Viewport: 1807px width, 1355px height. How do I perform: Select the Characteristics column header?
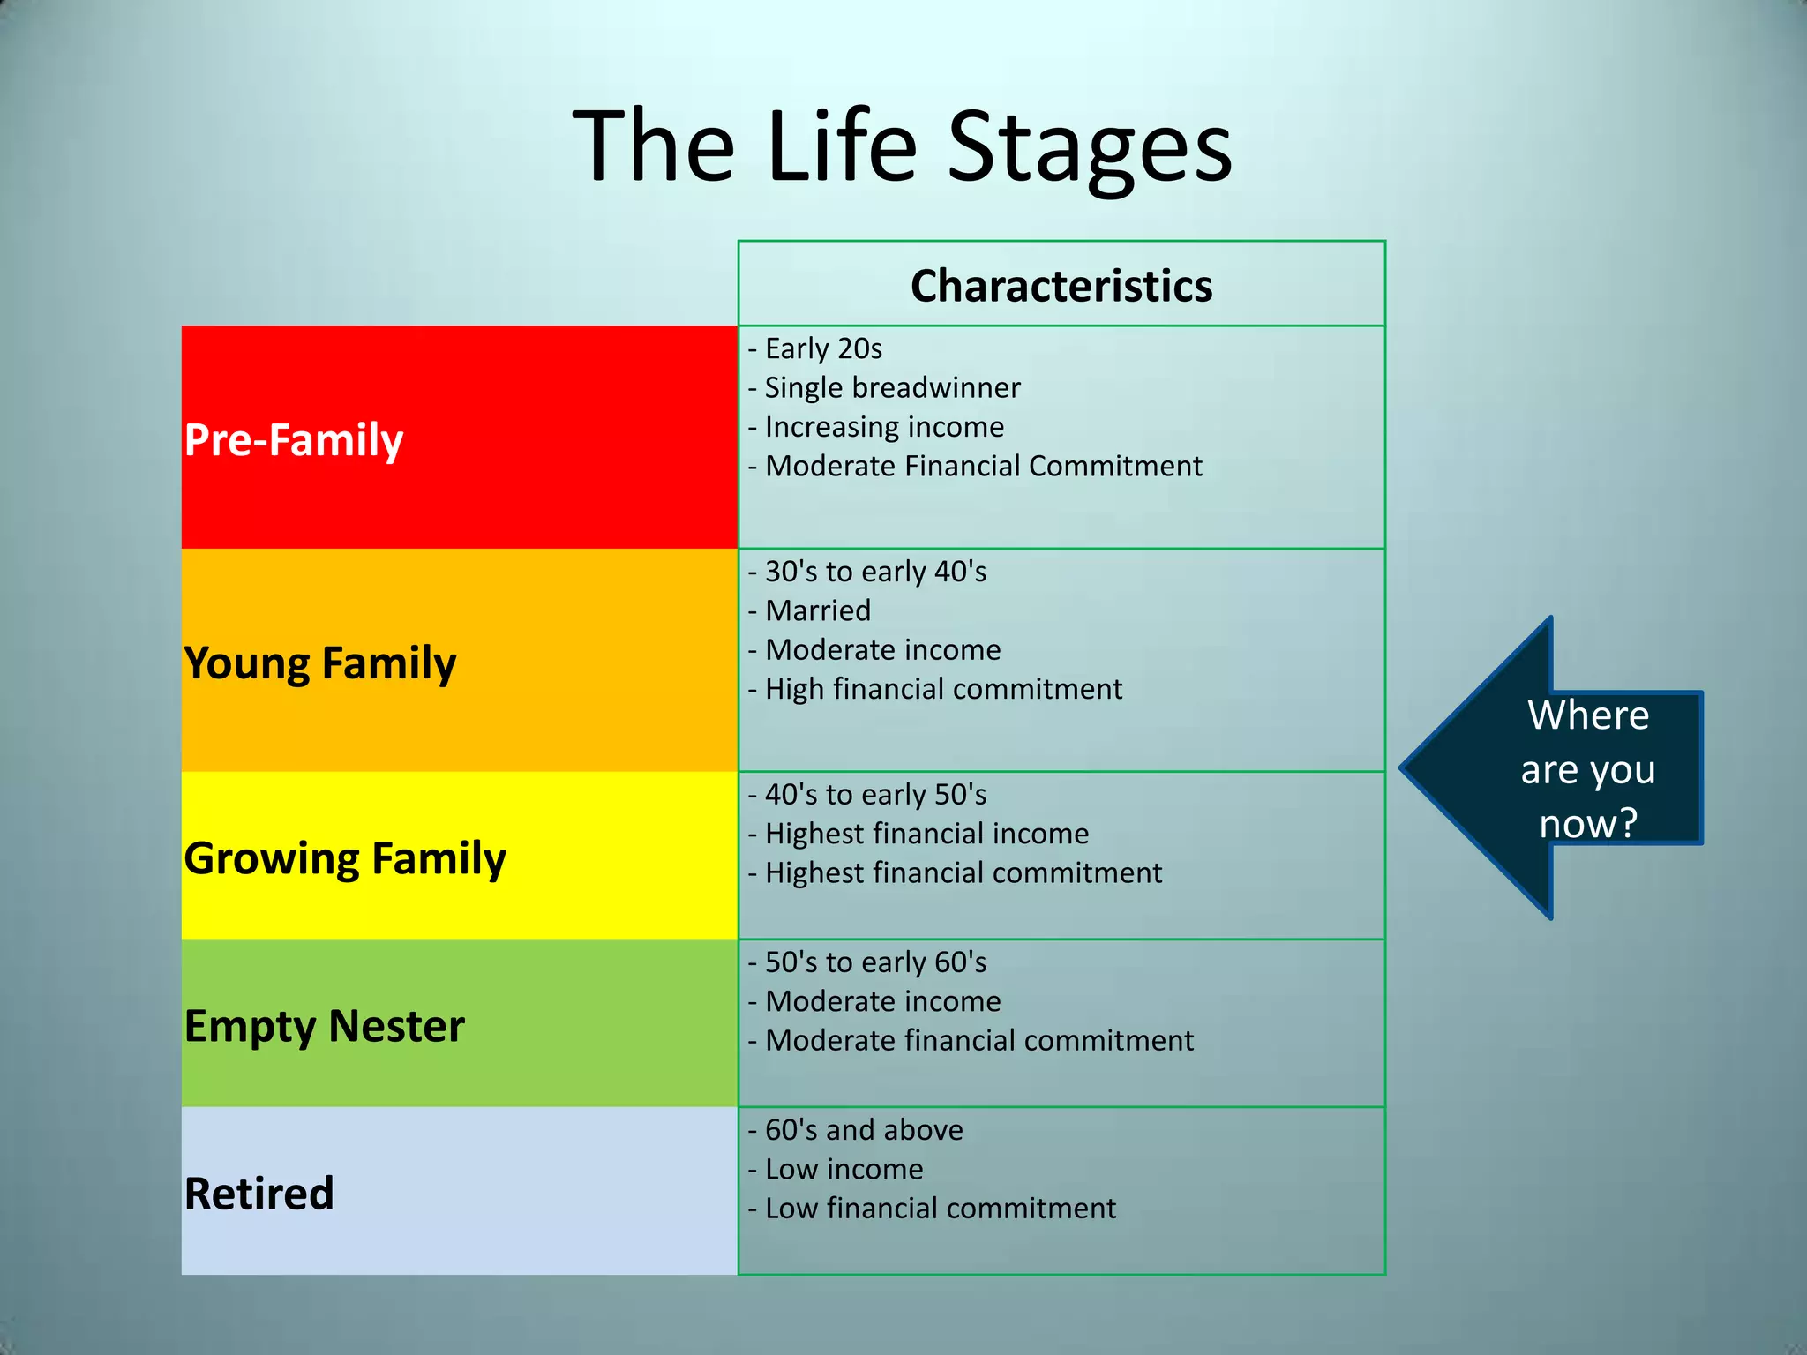pos(1061,286)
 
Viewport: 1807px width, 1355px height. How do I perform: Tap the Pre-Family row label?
pos(294,439)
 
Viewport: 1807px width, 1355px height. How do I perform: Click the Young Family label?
pos(320,663)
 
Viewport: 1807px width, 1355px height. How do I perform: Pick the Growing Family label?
pos(345,858)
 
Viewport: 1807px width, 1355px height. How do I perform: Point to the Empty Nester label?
pos(324,1026)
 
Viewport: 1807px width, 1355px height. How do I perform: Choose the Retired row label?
pos(259,1194)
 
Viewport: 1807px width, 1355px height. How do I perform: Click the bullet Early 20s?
pos(822,348)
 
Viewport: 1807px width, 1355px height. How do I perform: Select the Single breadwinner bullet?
pos(891,387)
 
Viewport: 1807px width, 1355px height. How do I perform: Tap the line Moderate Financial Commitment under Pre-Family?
pos(983,466)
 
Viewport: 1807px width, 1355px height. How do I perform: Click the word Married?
pos(818,610)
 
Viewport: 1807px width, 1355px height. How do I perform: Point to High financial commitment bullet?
pos(943,689)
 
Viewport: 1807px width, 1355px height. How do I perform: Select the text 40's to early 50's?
pos(875,795)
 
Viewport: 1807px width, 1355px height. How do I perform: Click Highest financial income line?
pos(926,834)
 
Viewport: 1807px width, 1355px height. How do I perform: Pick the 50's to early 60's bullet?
pos(875,962)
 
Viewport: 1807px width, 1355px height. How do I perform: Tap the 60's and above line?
pos(864,1130)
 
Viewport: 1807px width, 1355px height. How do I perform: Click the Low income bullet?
pos(844,1169)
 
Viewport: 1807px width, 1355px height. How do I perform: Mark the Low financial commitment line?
pos(940,1209)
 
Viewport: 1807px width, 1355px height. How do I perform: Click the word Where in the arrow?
pos(1588,715)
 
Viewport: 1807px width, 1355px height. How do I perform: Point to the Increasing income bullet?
pos(884,427)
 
